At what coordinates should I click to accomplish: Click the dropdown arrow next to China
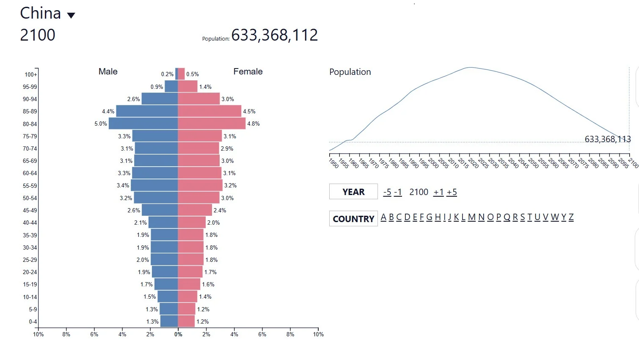pyautogui.click(x=71, y=16)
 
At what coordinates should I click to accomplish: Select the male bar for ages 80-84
pyautogui.click(x=143, y=124)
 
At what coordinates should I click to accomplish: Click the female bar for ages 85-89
pyautogui.click(x=209, y=111)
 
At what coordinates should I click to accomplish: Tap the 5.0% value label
pyautogui.click(x=101, y=124)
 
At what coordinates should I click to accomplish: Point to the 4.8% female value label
pyautogui.click(x=253, y=124)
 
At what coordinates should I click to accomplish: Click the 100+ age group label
pyautogui.click(x=31, y=74)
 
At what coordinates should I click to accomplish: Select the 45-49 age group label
pyautogui.click(x=30, y=210)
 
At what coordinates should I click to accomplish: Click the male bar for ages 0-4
pyautogui.click(x=169, y=321)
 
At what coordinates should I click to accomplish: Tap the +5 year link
pyautogui.click(x=452, y=192)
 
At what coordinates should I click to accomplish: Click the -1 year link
pyautogui.click(x=398, y=192)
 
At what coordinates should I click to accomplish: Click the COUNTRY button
pyautogui.click(x=353, y=219)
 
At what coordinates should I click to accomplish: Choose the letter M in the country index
pyautogui.click(x=471, y=217)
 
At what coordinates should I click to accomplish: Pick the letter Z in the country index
pyautogui.click(x=571, y=217)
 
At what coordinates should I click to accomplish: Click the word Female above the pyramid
pyautogui.click(x=248, y=71)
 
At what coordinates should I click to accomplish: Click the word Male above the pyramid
pyautogui.click(x=108, y=71)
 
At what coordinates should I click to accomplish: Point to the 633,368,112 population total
pyautogui.click(x=274, y=35)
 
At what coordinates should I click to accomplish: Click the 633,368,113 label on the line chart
pyautogui.click(x=607, y=139)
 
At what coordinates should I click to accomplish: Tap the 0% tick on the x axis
pyautogui.click(x=178, y=334)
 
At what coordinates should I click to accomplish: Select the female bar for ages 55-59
pyautogui.click(x=200, y=185)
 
